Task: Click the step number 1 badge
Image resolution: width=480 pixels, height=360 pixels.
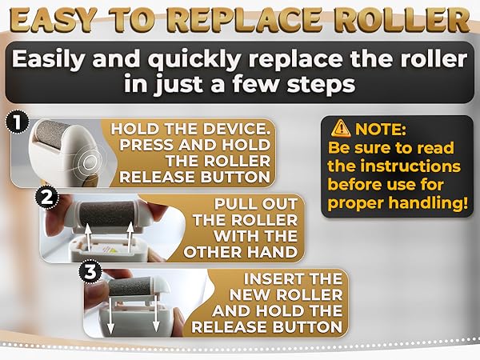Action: point(18,123)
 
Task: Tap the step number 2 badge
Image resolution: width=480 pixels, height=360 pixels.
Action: point(47,198)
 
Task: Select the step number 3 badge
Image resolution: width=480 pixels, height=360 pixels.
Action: point(90,272)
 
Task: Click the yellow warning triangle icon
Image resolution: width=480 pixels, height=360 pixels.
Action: point(341,129)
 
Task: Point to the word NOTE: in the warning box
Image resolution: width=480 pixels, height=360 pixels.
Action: point(380,129)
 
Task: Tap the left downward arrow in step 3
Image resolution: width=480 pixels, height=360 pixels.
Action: point(110,314)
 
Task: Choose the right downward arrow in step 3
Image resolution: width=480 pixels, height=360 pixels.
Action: point(156,313)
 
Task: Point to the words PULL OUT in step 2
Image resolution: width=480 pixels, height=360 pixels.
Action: point(256,204)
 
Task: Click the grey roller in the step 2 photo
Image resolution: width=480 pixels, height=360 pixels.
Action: point(107,213)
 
